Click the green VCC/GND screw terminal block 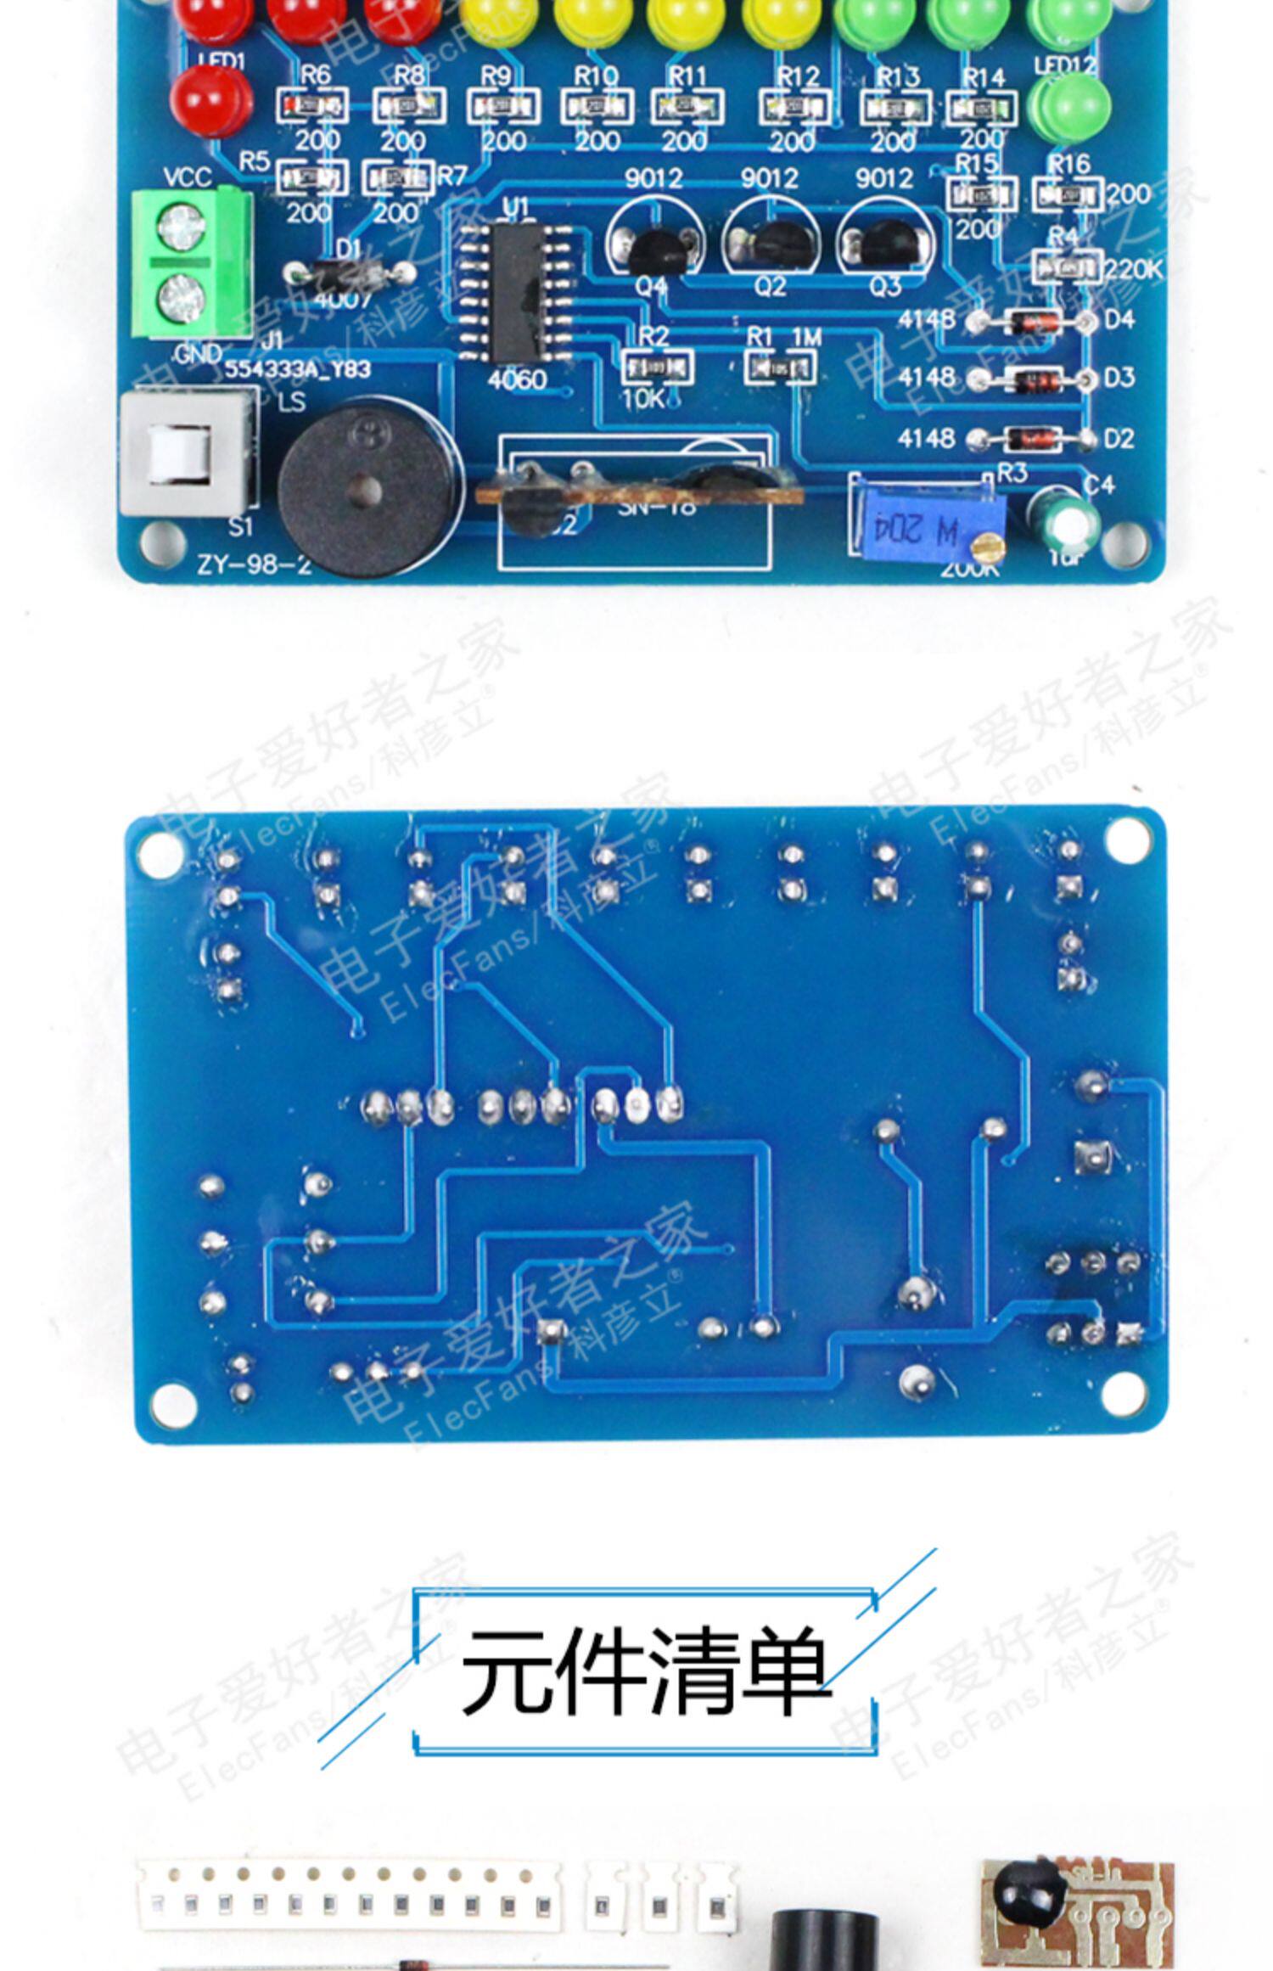190,261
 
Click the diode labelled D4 1032,322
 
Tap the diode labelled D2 1032,439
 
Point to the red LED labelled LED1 210,98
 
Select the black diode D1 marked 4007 350,273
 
